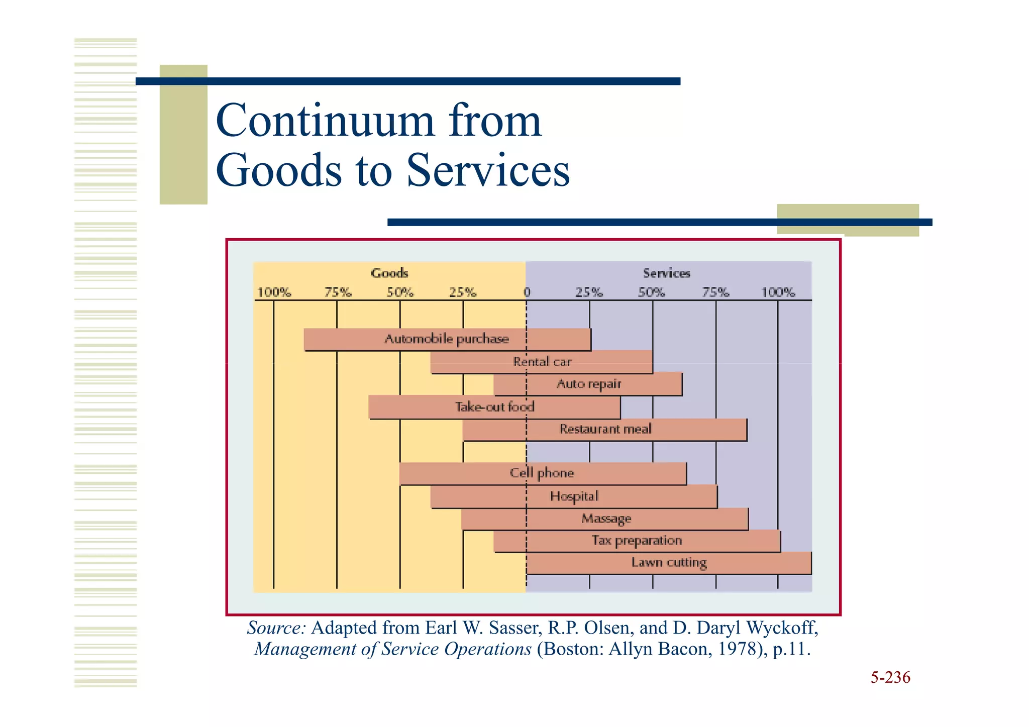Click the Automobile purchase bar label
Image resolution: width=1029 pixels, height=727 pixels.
point(447,339)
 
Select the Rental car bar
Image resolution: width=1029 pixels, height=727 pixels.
point(542,362)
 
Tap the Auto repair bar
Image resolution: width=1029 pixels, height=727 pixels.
point(588,384)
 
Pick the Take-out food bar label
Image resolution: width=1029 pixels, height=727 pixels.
point(494,407)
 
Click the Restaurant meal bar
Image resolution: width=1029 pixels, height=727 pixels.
point(605,430)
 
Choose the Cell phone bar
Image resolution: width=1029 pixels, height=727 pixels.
point(542,473)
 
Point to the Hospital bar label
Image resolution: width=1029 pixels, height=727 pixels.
point(574,496)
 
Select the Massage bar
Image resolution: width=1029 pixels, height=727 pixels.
point(605,519)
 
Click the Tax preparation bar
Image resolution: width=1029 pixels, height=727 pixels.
point(637,541)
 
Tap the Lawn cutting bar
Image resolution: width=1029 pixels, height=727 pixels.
point(669,563)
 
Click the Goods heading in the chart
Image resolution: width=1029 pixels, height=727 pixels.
point(389,273)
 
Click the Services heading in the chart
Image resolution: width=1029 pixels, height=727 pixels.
point(666,273)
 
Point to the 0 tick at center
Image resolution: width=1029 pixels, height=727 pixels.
point(527,292)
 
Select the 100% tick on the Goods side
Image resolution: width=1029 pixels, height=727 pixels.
point(274,292)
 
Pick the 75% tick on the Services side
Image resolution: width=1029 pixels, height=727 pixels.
point(715,292)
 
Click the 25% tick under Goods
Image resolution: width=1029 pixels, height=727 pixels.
point(463,292)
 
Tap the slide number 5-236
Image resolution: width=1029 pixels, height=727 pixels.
point(890,678)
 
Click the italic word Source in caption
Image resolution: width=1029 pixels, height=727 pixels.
point(276,628)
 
